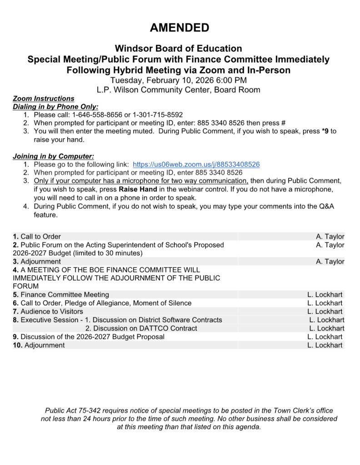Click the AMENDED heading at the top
(180, 28)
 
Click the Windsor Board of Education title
(178, 49)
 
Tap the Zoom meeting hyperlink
(196, 164)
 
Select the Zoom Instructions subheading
(44, 99)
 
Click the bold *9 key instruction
(325, 131)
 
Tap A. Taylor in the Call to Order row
(330, 237)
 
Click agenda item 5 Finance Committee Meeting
(61, 295)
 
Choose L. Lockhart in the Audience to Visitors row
(325, 312)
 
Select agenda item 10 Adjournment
(39, 345)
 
